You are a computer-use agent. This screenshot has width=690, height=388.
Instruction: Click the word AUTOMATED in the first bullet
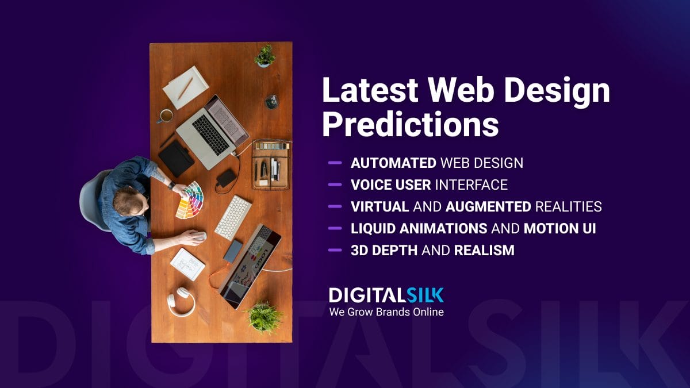393,163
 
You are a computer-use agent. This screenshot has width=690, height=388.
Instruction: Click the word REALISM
484,251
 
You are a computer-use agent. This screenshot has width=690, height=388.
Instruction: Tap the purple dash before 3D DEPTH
335,251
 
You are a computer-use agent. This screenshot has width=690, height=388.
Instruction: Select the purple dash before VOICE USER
335,185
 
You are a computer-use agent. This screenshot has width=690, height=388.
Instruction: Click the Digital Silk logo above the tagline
386,295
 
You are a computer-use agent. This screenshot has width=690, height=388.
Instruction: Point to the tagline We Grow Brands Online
386,312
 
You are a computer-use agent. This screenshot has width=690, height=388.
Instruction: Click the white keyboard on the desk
233,217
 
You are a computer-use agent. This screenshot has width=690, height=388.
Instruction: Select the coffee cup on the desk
166,116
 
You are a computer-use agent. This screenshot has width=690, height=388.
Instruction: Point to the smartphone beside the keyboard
232,251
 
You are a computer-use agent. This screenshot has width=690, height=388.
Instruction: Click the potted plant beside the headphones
264,317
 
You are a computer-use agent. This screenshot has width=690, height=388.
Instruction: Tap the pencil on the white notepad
185,88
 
